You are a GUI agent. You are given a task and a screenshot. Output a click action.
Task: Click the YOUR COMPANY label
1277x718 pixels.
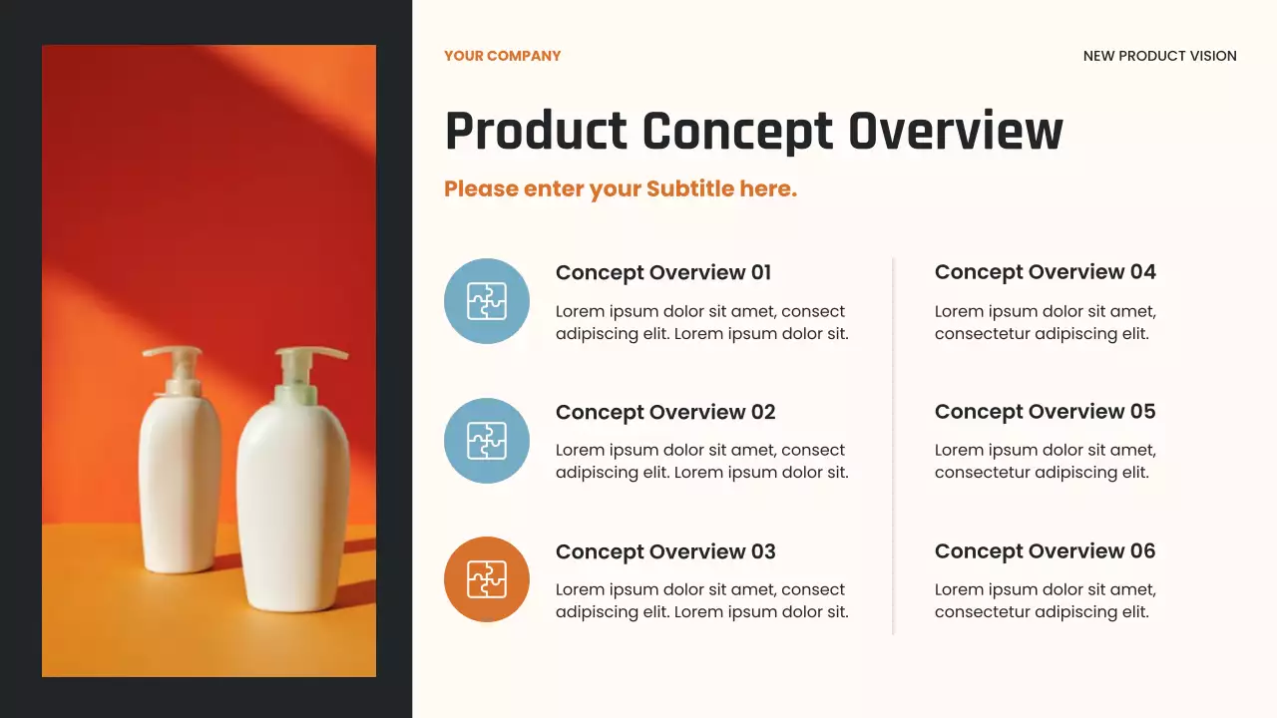tap(502, 56)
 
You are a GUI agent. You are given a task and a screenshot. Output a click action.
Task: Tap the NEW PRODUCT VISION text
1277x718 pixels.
tap(1159, 56)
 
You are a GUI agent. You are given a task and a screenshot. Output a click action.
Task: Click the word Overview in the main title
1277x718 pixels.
tap(955, 132)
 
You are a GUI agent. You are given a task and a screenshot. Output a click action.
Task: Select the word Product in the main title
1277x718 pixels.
tap(536, 132)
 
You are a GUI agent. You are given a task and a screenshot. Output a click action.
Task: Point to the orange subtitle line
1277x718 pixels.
tap(620, 188)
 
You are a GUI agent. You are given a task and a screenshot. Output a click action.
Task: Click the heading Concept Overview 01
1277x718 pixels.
tap(662, 272)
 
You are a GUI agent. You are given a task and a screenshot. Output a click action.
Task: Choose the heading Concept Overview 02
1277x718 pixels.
tap(664, 412)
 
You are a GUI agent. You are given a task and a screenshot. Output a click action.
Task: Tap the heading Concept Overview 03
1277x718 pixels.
tap(664, 551)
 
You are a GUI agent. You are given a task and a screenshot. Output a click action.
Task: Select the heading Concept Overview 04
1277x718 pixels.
tap(1045, 271)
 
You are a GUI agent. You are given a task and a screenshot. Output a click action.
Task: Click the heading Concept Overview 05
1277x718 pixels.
tap(1045, 411)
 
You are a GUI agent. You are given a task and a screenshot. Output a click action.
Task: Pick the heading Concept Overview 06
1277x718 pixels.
tap(1045, 550)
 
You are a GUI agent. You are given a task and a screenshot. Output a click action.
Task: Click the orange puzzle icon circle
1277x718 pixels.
tap(487, 579)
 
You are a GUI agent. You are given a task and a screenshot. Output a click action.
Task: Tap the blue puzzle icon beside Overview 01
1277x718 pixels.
tap(487, 301)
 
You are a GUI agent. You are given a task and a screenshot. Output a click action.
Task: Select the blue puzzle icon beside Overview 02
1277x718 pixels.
tap(487, 441)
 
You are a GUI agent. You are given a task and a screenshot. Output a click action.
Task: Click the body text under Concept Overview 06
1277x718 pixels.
tap(1045, 600)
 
